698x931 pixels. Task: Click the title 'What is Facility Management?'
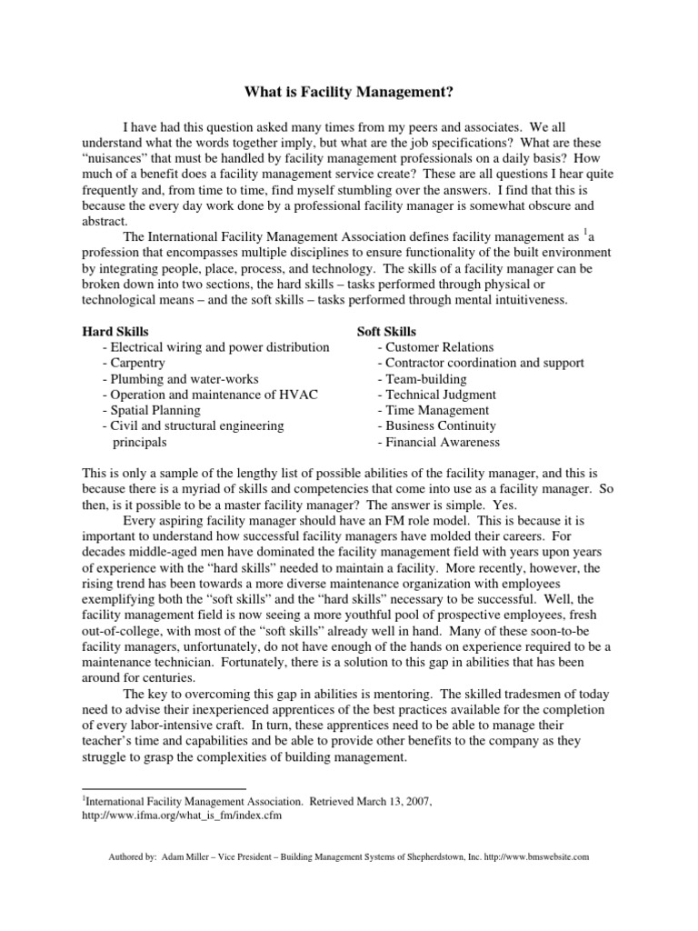click(x=349, y=92)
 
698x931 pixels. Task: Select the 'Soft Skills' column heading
click(x=387, y=332)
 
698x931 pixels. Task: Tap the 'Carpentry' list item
click(x=137, y=363)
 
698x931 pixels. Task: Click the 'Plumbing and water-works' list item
click(x=181, y=378)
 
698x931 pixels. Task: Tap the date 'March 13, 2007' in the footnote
click(x=389, y=801)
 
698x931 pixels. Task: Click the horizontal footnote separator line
click(x=164, y=788)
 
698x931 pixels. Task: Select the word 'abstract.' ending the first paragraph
click(x=106, y=220)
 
